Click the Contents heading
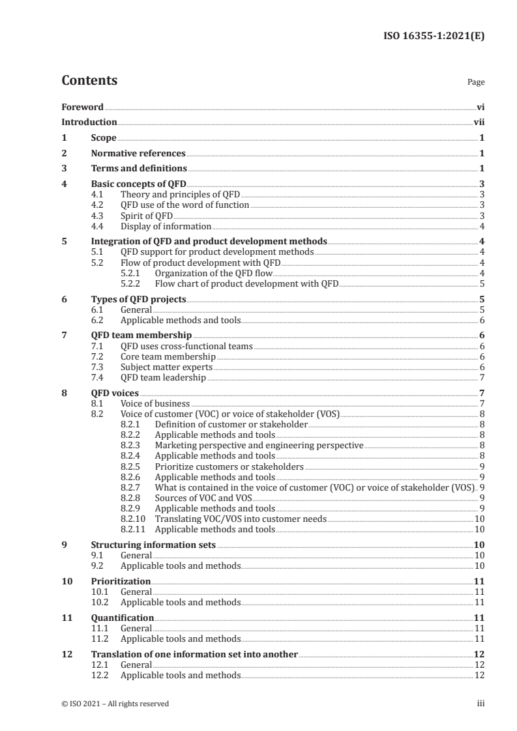(x=89, y=81)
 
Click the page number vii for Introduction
(x=479, y=122)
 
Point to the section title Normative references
(x=138, y=154)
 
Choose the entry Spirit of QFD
(x=147, y=216)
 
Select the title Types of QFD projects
(x=138, y=300)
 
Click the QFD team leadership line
(x=163, y=378)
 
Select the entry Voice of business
(x=155, y=404)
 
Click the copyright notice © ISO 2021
(x=115, y=703)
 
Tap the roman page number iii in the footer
(x=480, y=703)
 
